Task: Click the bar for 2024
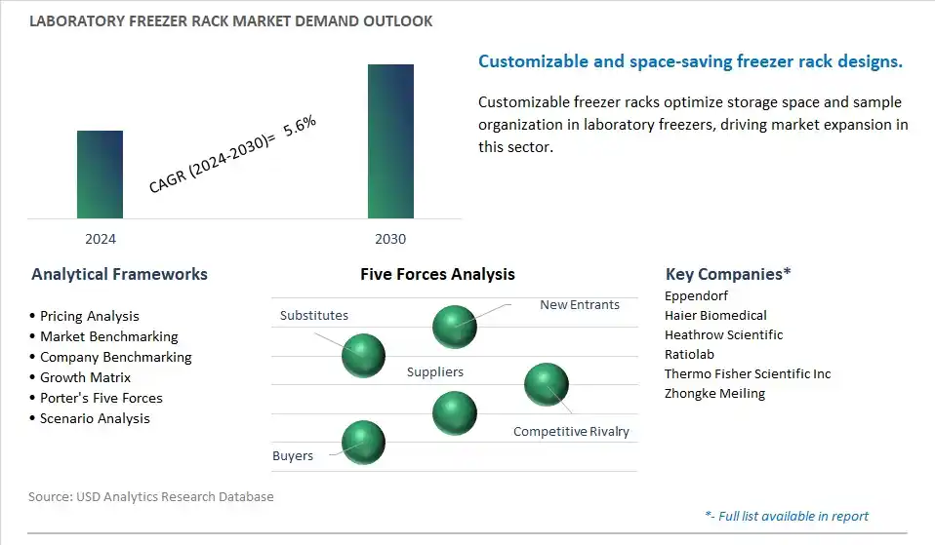[100, 175]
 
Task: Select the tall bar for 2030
[390, 141]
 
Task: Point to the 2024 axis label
[101, 239]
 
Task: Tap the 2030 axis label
[390, 239]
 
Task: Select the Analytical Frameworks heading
[119, 274]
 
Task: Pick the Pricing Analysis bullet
[90, 316]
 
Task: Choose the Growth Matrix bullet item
[85, 377]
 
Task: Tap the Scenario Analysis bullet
[95, 418]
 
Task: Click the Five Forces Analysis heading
[437, 274]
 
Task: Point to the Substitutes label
[314, 315]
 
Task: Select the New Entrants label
[580, 304]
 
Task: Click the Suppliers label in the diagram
[434, 371]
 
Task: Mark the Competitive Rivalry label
[571, 431]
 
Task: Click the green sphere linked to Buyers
[363, 443]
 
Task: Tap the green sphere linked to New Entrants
[455, 327]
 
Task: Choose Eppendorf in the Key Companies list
[696, 296]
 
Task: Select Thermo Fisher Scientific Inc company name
[748, 373]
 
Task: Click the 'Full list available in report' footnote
[787, 516]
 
